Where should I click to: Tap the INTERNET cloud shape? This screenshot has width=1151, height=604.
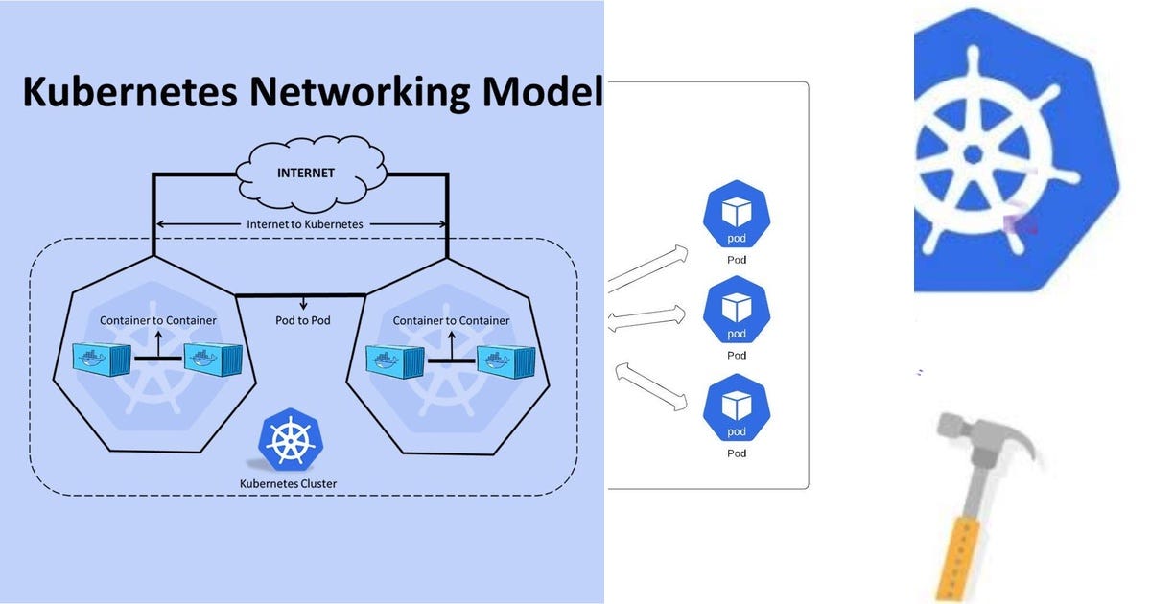tap(307, 175)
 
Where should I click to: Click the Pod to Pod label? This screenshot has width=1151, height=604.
tap(302, 319)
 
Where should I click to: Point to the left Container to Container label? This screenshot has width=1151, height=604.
tap(158, 320)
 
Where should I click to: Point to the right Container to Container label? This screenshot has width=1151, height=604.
tap(451, 320)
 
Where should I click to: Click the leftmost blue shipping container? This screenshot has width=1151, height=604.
tap(102, 360)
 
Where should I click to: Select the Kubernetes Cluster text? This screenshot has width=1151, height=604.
tap(288, 483)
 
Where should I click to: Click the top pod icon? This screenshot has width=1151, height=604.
tap(736, 218)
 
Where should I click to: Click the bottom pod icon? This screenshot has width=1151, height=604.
tap(736, 408)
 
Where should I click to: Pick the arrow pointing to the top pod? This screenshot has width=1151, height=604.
tap(648, 267)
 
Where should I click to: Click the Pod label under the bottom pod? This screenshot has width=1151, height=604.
tap(736, 453)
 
